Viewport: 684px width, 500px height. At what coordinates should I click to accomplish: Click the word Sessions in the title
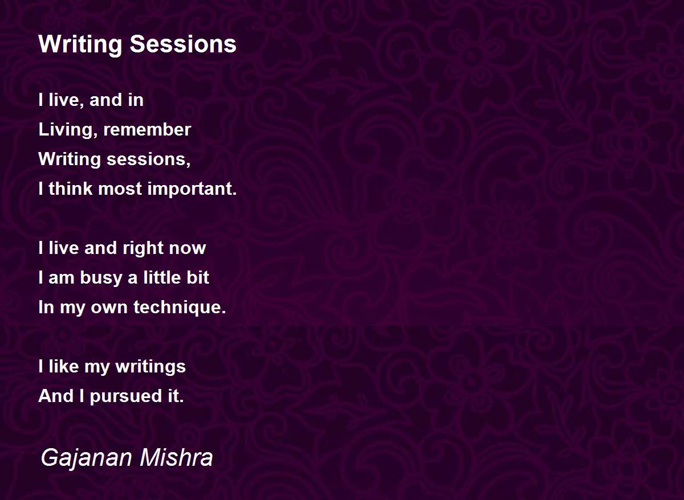click(x=183, y=44)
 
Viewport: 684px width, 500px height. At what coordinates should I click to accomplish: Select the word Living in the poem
click(x=66, y=130)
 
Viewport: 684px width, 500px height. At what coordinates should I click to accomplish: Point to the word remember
click(x=147, y=130)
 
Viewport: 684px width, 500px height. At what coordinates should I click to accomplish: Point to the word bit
click(x=198, y=277)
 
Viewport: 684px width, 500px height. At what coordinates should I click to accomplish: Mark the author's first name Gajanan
click(x=87, y=458)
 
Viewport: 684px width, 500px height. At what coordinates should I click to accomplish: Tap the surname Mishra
click(x=176, y=457)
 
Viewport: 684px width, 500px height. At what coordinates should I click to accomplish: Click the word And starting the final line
click(x=56, y=396)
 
